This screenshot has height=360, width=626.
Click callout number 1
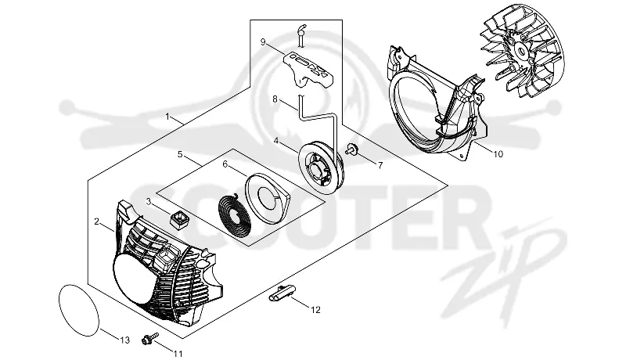(x=167, y=117)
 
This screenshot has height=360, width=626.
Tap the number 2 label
(x=96, y=221)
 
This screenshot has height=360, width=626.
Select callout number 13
(x=125, y=340)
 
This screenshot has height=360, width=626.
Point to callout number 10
(x=498, y=153)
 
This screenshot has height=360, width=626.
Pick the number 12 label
(x=315, y=310)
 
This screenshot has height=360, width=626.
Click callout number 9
(x=263, y=42)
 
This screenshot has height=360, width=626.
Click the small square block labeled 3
(x=179, y=220)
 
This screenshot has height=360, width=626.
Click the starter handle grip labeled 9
(x=308, y=70)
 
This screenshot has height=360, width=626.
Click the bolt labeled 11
(x=150, y=338)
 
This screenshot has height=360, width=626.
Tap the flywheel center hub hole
(x=521, y=51)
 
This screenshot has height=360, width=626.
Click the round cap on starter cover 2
(x=135, y=283)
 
